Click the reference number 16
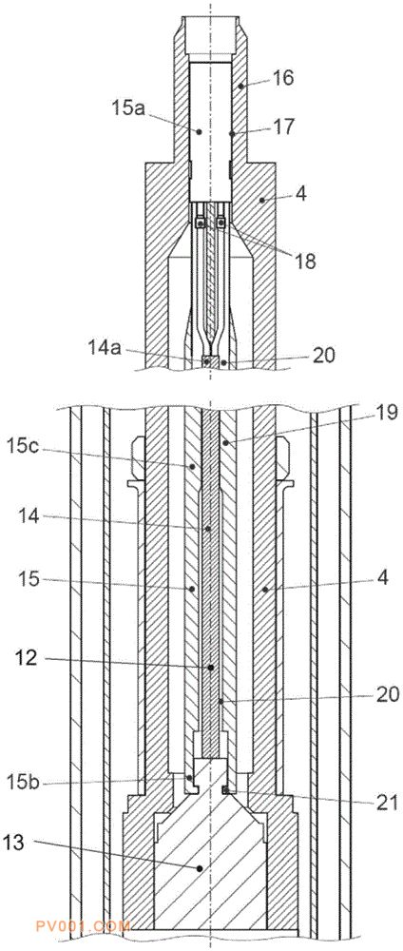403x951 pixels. pos(283,78)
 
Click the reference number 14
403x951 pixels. pos(28,517)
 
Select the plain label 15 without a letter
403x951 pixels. pos(28,580)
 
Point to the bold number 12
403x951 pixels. pos(28,658)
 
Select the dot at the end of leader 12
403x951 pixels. pos(211,668)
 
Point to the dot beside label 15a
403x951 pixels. pos(198,131)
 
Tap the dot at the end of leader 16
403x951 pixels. pos(240,87)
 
